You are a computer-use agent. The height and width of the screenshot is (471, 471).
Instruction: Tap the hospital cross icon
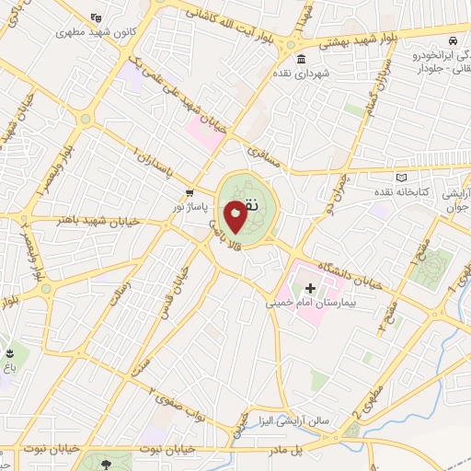coord(310,288)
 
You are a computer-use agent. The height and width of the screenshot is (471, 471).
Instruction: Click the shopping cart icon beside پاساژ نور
coord(189,193)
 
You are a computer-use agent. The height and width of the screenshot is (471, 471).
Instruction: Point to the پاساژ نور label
coord(195,206)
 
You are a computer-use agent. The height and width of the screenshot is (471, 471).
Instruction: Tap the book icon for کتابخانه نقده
coord(400,178)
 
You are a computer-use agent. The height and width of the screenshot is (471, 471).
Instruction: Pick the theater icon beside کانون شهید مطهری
coord(98,17)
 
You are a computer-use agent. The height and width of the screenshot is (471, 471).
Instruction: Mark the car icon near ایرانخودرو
coord(452,41)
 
